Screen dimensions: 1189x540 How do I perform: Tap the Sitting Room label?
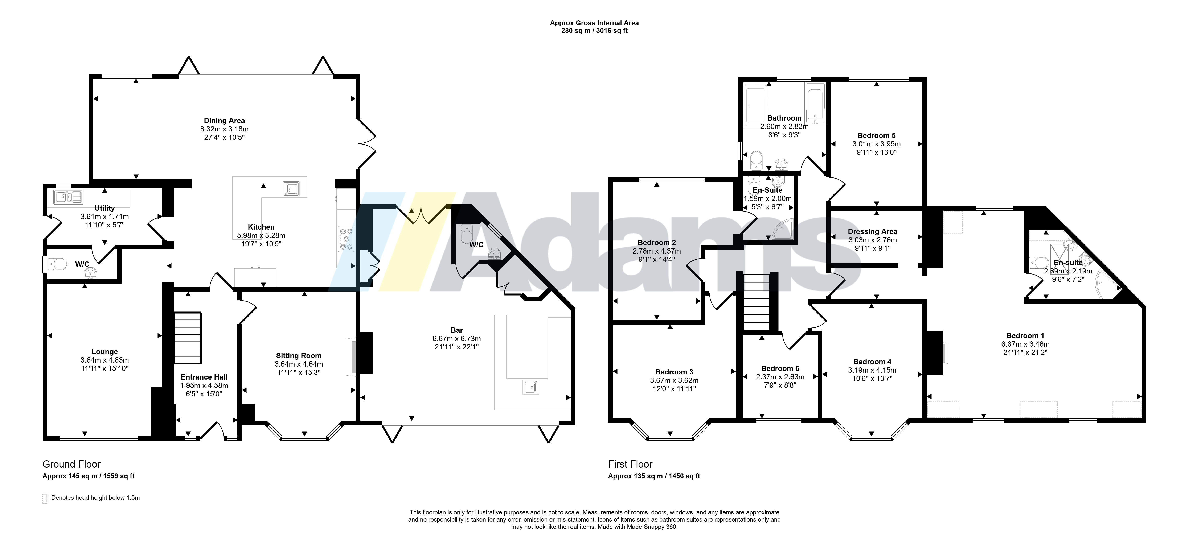click(x=299, y=356)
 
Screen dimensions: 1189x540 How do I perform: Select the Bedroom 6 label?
click(x=780, y=368)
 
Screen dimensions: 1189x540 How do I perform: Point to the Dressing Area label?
click(x=872, y=231)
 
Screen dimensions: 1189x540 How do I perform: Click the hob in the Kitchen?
click(x=346, y=238)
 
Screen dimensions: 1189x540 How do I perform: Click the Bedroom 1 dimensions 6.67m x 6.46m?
click(x=1025, y=344)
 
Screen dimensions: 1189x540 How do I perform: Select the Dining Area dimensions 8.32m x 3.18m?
click(x=224, y=129)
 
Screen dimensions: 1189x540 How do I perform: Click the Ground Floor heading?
click(x=71, y=464)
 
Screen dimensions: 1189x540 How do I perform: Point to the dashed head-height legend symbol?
click(x=45, y=499)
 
